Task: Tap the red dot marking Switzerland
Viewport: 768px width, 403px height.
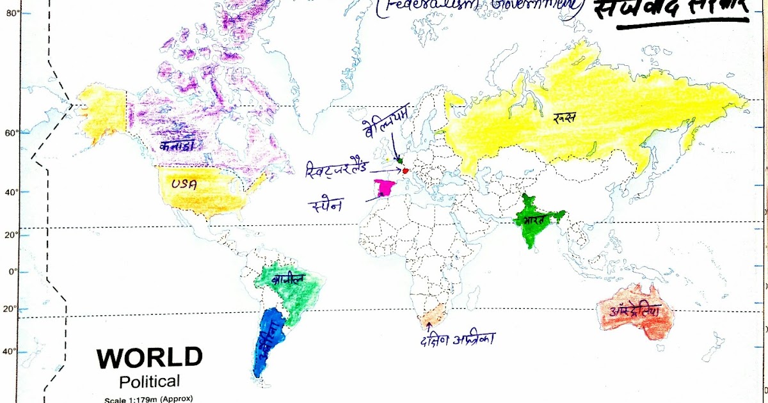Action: click(406, 171)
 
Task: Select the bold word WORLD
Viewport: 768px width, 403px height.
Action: click(150, 358)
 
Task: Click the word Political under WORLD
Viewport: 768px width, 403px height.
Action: click(150, 382)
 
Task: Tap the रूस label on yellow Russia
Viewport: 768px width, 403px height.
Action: click(565, 116)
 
